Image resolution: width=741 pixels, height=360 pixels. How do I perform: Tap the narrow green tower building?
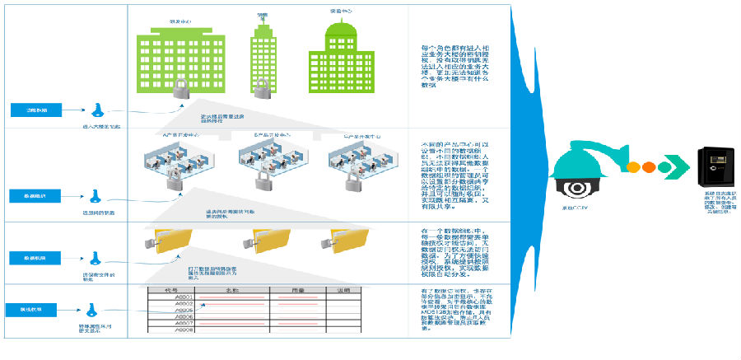(x=263, y=53)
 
